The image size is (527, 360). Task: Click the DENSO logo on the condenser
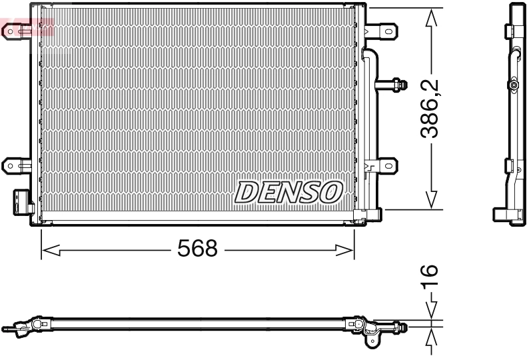[x=288, y=192]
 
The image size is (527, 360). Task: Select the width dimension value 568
[x=197, y=249]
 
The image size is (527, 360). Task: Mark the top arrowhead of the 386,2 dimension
[x=432, y=18]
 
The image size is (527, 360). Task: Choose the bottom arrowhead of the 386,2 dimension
[x=432, y=199]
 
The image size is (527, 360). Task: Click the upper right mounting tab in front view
[x=384, y=31]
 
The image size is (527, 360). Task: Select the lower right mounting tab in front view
[x=385, y=165]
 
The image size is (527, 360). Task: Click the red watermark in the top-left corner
[x=27, y=28]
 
